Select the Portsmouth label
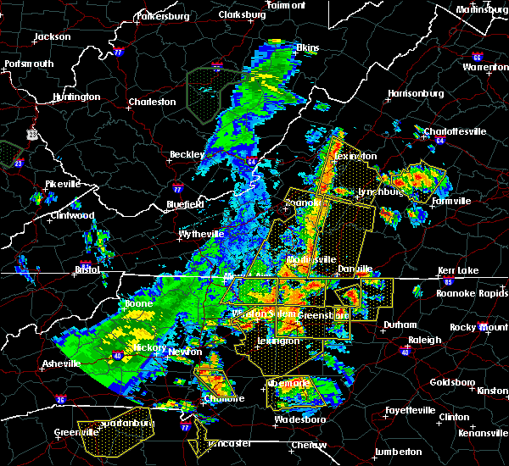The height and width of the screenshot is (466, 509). (28, 64)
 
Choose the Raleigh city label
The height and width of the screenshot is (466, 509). (424, 340)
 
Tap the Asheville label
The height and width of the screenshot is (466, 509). (61, 364)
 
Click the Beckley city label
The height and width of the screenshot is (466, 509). (187, 154)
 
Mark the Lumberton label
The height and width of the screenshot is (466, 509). (398, 452)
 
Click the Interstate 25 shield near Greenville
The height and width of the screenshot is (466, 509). (60, 399)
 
